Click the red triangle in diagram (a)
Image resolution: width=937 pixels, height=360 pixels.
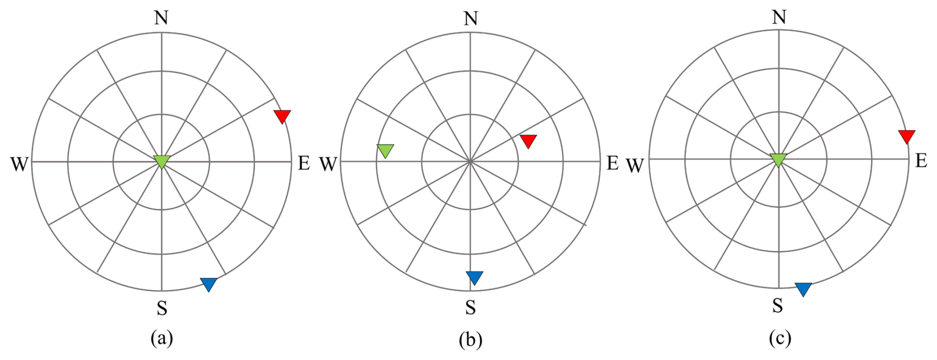click(282, 116)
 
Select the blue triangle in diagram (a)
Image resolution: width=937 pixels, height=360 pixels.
click(209, 284)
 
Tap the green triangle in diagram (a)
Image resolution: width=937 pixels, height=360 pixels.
click(161, 161)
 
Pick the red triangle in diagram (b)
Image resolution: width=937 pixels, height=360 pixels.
click(528, 141)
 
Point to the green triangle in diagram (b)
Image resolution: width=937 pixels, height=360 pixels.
click(385, 151)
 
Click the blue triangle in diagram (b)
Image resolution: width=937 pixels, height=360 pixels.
click(474, 277)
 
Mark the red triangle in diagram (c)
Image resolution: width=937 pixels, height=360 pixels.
click(907, 136)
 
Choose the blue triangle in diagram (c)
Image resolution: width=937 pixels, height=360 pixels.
click(803, 289)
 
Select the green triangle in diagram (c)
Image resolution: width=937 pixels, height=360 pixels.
click(779, 159)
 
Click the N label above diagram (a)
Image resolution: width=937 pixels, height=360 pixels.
click(161, 18)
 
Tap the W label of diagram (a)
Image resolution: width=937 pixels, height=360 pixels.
click(19, 164)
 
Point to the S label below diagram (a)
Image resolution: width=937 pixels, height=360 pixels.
click(162, 309)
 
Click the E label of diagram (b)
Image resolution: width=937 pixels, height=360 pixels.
click(613, 163)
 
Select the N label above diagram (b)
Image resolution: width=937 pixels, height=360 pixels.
click(470, 19)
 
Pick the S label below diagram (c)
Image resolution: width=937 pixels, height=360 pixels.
click(778, 306)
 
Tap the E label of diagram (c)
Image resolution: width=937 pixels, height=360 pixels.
click(921, 161)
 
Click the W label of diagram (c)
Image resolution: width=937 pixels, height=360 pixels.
click(635, 166)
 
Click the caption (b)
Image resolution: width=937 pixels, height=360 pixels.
click(470, 340)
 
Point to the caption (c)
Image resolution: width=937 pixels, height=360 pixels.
click(780, 338)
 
